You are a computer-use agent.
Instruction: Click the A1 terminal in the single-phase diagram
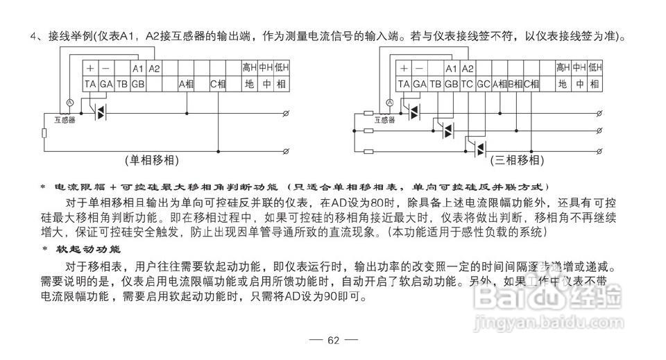pos(137,68)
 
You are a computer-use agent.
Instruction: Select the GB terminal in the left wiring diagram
pos(137,84)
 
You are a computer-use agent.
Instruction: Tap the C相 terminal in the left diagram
pos(219,84)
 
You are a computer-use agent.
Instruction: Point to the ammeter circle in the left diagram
pos(69,102)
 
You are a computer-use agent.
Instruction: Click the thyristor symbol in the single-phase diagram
pos(100,112)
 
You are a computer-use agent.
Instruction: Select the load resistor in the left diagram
pos(44,132)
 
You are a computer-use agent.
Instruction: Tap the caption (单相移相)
pos(152,160)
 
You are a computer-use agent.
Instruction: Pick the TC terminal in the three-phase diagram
pos(468,84)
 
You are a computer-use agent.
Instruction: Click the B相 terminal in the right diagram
pos(515,84)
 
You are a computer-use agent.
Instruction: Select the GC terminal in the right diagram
pos(484,84)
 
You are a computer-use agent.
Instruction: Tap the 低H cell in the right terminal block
pos(595,68)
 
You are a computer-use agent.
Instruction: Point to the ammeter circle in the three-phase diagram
pos(389,102)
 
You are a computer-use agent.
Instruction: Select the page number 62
pos(333,340)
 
